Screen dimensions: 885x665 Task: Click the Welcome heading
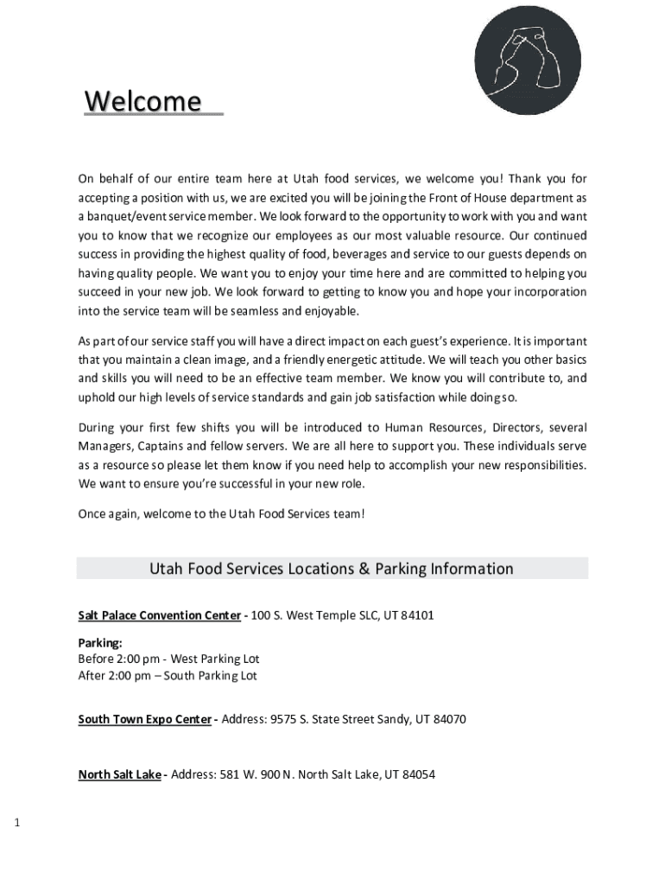pos(142,102)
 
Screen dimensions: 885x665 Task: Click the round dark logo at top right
pos(528,60)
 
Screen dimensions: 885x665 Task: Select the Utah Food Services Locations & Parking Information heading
pos(332,569)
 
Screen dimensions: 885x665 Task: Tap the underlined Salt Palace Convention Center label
pos(160,615)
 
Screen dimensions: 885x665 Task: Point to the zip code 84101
pos(416,615)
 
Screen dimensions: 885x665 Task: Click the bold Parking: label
pos(100,643)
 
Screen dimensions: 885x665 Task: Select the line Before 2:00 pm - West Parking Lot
pos(168,659)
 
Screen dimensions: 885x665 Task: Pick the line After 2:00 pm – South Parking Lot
pos(168,676)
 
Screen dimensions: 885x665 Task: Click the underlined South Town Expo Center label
pos(144,719)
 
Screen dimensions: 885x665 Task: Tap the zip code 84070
pos(449,719)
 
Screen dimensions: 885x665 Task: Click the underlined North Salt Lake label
pos(119,774)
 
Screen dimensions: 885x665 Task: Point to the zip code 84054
pos(418,774)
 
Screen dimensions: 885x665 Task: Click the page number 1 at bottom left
pos(17,822)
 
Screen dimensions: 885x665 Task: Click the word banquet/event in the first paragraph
pos(123,216)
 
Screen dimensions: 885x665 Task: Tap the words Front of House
pos(464,198)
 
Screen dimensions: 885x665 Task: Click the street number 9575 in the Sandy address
pos(286,719)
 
